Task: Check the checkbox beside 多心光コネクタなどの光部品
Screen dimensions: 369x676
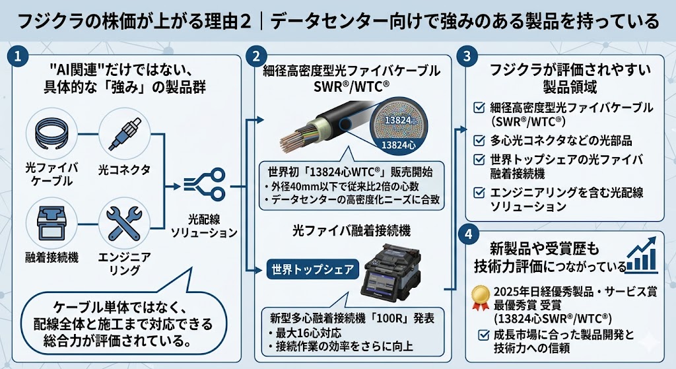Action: click(480, 141)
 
